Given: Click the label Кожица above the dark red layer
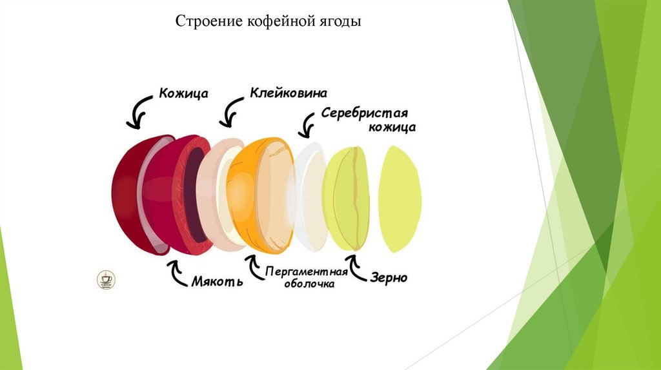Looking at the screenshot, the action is [x=183, y=93].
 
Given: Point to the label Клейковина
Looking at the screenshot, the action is [x=289, y=93].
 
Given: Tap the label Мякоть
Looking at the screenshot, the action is [x=217, y=282].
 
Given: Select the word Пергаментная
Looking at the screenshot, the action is [x=306, y=271].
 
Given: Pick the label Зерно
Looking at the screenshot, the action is [x=389, y=278].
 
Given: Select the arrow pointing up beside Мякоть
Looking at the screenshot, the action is [x=176, y=273].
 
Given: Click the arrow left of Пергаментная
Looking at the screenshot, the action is [x=252, y=268].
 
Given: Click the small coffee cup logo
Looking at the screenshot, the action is [x=105, y=279].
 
